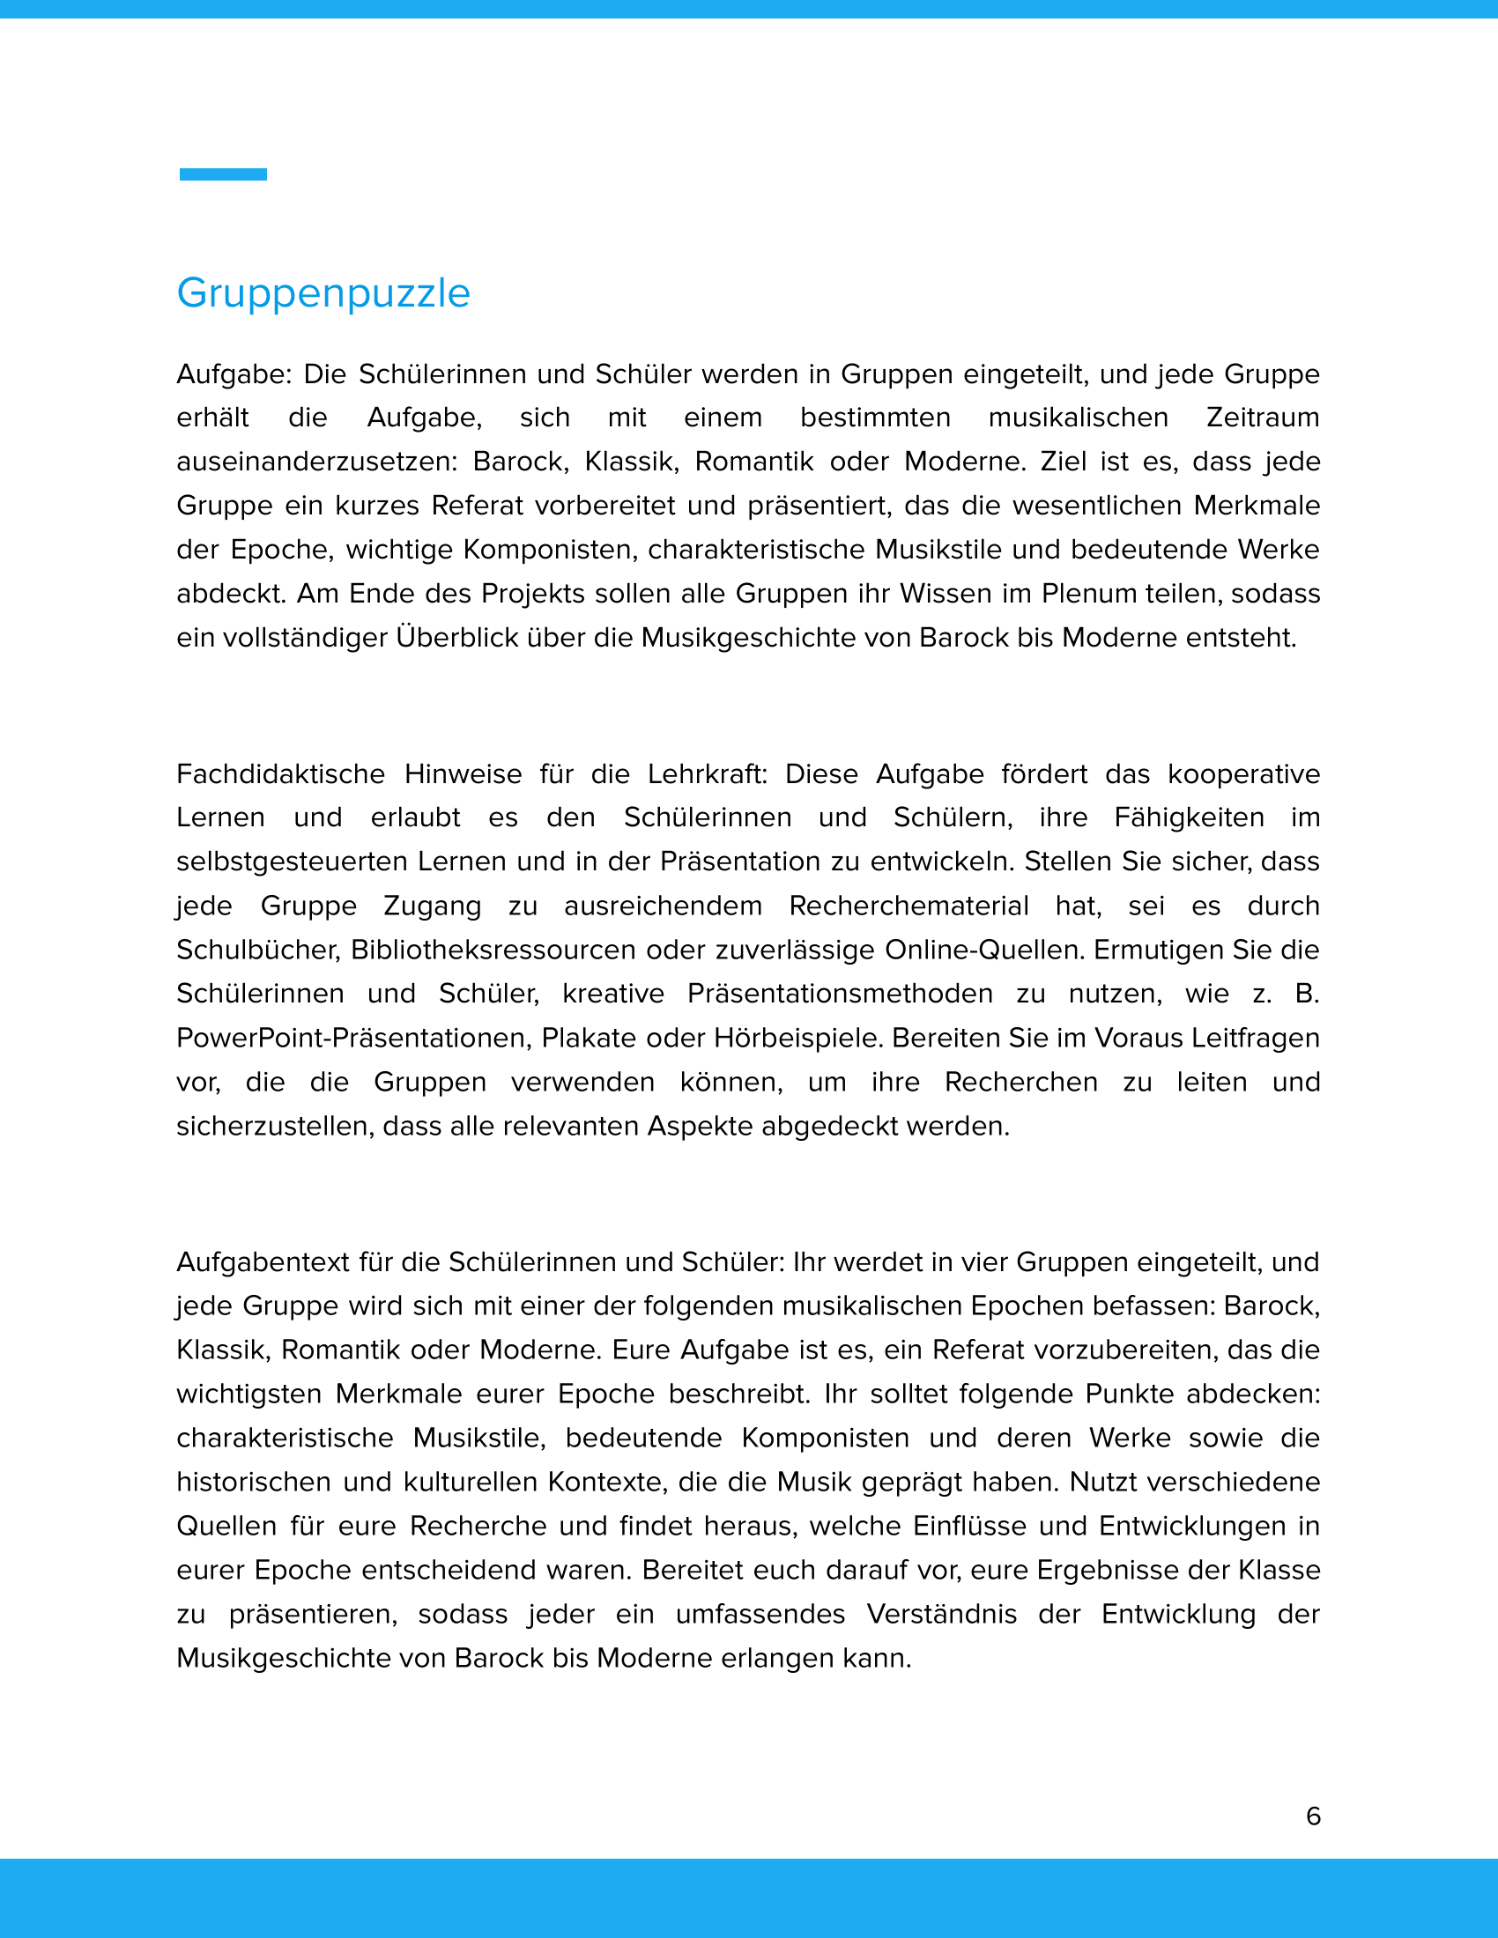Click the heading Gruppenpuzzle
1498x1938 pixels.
coord(323,292)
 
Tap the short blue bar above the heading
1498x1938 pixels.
coord(223,174)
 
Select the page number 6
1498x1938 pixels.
coord(1314,1816)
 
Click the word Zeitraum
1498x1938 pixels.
coord(1262,417)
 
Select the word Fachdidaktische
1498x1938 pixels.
coord(280,773)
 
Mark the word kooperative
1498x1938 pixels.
coord(1243,773)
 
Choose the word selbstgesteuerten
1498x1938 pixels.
coord(291,861)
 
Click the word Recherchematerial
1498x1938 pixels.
coord(908,905)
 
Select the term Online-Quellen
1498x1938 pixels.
coord(985,950)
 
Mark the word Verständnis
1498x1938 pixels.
coord(942,1613)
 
